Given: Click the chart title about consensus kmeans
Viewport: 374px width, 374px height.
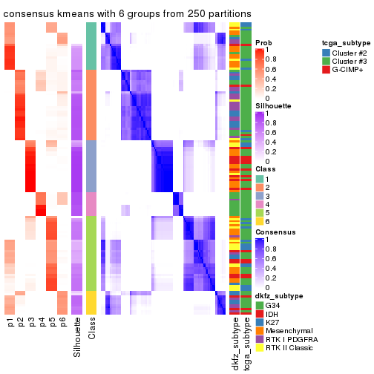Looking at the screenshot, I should pos(127,14).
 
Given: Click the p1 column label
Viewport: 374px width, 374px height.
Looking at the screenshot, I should pos(10,323).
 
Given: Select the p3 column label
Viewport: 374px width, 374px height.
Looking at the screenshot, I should pos(31,323).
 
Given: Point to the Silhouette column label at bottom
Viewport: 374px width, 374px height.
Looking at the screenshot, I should pos(77,337).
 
